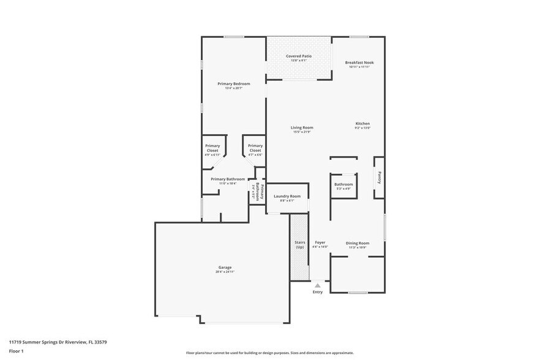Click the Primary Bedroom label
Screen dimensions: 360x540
233,83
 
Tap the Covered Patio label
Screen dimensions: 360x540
299,56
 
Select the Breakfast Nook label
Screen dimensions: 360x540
359,62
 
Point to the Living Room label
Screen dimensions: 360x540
302,127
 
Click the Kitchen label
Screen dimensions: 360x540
362,124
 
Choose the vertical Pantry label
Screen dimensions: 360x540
380,178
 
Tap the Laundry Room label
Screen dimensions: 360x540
287,197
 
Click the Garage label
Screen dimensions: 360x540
225,268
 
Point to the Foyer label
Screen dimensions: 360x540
320,243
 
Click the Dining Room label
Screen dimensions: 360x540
357,243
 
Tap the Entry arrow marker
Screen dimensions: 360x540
317,285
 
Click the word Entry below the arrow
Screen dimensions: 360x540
317,292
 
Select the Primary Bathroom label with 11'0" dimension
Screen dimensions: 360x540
228,179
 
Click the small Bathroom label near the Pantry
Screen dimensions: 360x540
343,184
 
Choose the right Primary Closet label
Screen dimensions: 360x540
255,148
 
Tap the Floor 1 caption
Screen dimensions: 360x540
16,351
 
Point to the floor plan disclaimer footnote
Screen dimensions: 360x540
269,353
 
